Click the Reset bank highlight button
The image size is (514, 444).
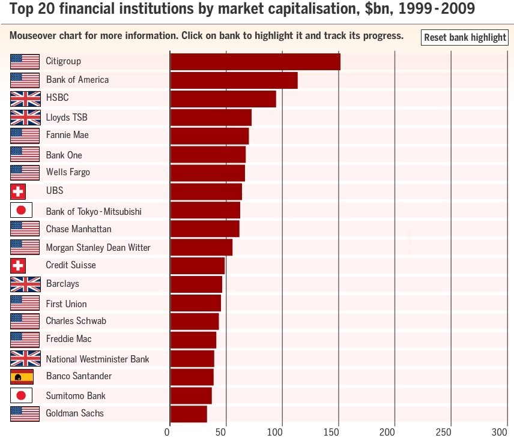tap(465, 37)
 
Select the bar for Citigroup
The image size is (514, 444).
tap(255, 62)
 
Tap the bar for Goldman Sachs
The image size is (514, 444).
tap(189, 414)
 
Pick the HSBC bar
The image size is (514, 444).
tap(223, 99)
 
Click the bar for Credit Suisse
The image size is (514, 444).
tap(198, 265)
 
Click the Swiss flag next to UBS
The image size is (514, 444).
tap(18, 191)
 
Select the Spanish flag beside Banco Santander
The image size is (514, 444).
tap(22, 377)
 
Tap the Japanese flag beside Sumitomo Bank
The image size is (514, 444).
tap(22, 395)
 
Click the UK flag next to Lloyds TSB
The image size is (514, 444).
tap(25, 117)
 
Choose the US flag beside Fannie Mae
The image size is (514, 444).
tap(25, 136)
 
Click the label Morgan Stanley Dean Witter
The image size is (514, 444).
tap(98, 247)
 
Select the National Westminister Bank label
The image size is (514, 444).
tap(97, 359)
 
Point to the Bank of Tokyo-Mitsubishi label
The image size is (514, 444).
tap(94, 211)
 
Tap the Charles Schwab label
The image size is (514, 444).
tap(76, 321)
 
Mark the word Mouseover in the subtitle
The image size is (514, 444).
tap(34, 35)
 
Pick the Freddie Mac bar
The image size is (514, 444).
tap(193, 340)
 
